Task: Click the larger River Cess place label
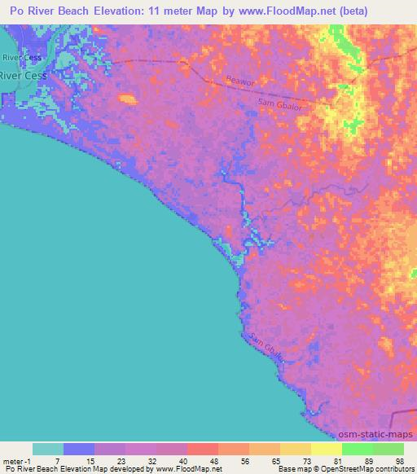pyautogui.click(x=24, y=74)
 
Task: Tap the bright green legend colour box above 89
pyautogui.click(x=357, y=449)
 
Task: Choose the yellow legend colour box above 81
pyautogui.click(x=326, y=449)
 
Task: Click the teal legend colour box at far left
pyautogui.click(x=47, y=449)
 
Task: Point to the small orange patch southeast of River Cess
pyautogui.click(x=126, y=99)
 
